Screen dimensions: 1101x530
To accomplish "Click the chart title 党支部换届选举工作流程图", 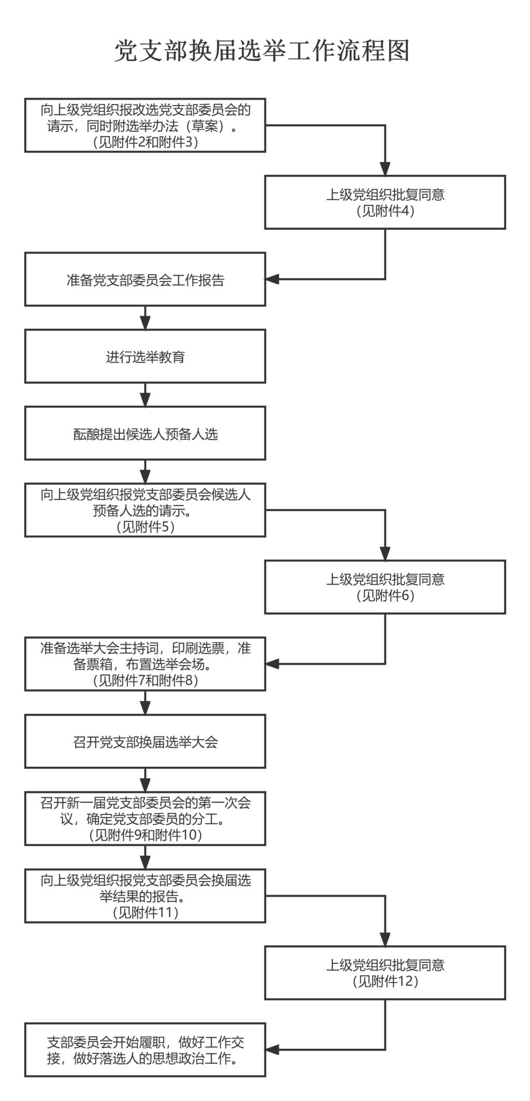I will point(262,51).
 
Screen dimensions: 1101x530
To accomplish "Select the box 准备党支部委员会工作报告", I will point(145,279).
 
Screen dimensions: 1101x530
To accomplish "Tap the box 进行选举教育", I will point(145,356).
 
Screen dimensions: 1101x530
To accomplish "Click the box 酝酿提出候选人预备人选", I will point(145,434).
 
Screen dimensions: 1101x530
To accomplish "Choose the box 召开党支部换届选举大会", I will point(145,742).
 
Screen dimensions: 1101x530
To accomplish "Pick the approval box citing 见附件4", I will point(385,202).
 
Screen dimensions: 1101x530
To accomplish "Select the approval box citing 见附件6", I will point(385,587).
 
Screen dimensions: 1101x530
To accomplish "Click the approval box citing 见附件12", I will point(385,973).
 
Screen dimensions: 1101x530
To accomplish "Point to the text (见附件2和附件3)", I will point(145,142).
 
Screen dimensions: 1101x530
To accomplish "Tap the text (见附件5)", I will point(145,527).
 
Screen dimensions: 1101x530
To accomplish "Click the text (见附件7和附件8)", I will point(145,680).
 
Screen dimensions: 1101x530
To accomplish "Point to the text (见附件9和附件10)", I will point(145,835).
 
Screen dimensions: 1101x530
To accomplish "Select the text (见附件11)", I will point(145,912).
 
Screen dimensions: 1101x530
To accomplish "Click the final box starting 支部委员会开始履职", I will point(145,1050).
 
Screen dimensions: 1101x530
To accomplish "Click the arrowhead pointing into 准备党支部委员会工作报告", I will point(272,279).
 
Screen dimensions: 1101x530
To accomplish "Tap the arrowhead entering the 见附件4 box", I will point(385,169).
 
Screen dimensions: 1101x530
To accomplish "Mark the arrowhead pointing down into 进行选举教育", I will point(145,323).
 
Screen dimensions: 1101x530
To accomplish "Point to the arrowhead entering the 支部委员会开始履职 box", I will point(272,1050).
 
